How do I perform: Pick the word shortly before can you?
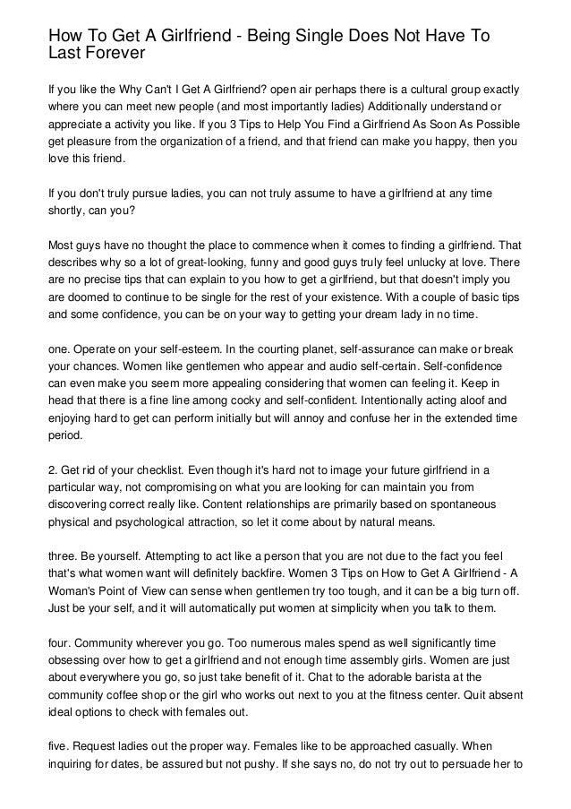pyautogui.click(x=68, y=211)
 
